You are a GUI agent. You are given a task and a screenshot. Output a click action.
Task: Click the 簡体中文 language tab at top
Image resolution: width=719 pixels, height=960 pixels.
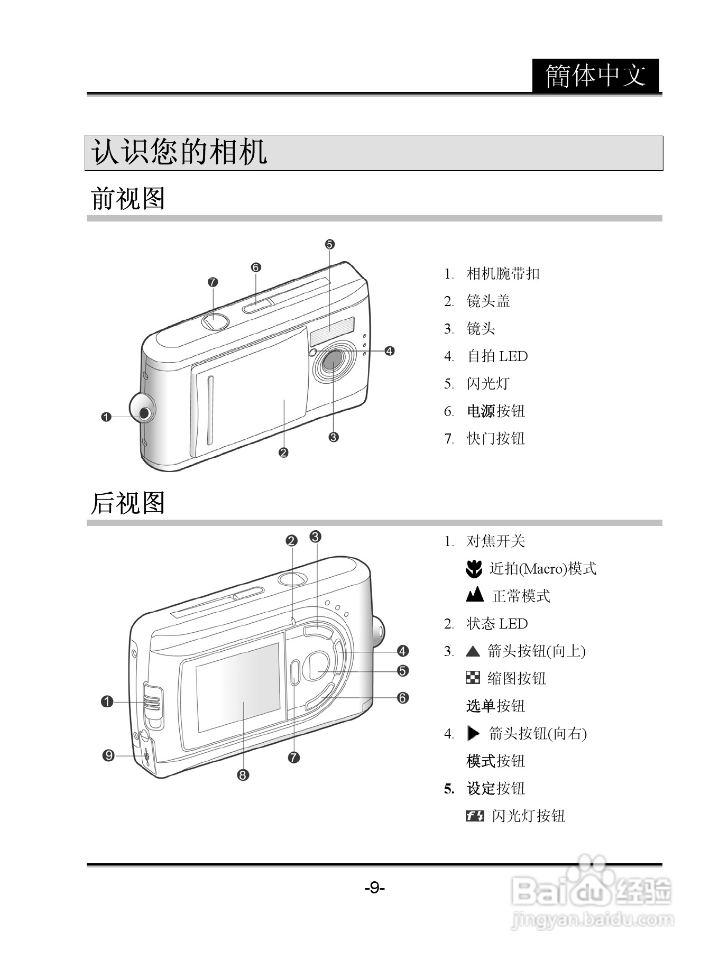(596, 76)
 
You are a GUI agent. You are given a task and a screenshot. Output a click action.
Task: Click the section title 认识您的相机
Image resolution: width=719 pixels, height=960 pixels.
(179, 153)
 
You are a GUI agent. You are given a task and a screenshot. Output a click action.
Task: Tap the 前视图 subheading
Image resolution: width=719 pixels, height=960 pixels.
(128, 199)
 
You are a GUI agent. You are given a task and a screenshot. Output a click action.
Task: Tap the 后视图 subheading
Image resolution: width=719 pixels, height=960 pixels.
(128, 503)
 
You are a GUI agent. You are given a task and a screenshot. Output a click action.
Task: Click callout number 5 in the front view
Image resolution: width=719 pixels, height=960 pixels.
(330, 244)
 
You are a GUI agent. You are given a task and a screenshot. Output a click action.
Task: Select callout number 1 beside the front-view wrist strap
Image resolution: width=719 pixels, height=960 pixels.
(106, 417)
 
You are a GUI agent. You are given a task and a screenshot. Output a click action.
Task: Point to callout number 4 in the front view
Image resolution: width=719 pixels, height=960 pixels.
(390, 350)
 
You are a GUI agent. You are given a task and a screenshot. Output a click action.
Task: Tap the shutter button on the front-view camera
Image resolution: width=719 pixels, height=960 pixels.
(214, 321)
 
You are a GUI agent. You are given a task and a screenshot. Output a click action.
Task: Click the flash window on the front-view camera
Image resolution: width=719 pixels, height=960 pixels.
(332, 331)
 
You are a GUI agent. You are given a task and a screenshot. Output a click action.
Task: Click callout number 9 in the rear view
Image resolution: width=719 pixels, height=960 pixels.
(108, 755)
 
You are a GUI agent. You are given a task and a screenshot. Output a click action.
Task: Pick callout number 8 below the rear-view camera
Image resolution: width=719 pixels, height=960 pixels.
(243, 775)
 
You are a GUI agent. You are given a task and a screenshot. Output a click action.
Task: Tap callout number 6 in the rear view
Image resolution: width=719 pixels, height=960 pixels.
(403, 698)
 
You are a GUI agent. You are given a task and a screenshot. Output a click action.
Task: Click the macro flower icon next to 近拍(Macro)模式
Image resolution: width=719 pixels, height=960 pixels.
(474, 568)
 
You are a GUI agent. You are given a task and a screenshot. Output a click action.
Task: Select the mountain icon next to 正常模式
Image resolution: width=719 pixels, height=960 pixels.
(475, 595)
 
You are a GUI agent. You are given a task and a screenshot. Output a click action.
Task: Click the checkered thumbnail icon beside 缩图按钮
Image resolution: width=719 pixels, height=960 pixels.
(473, 678)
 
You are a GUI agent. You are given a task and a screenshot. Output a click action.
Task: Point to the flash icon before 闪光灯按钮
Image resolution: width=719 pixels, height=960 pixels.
(475, 816)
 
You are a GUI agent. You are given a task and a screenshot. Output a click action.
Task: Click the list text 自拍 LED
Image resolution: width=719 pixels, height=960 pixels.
(497, 356)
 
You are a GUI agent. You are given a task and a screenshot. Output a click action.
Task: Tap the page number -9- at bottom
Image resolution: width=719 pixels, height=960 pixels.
(374, 888)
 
